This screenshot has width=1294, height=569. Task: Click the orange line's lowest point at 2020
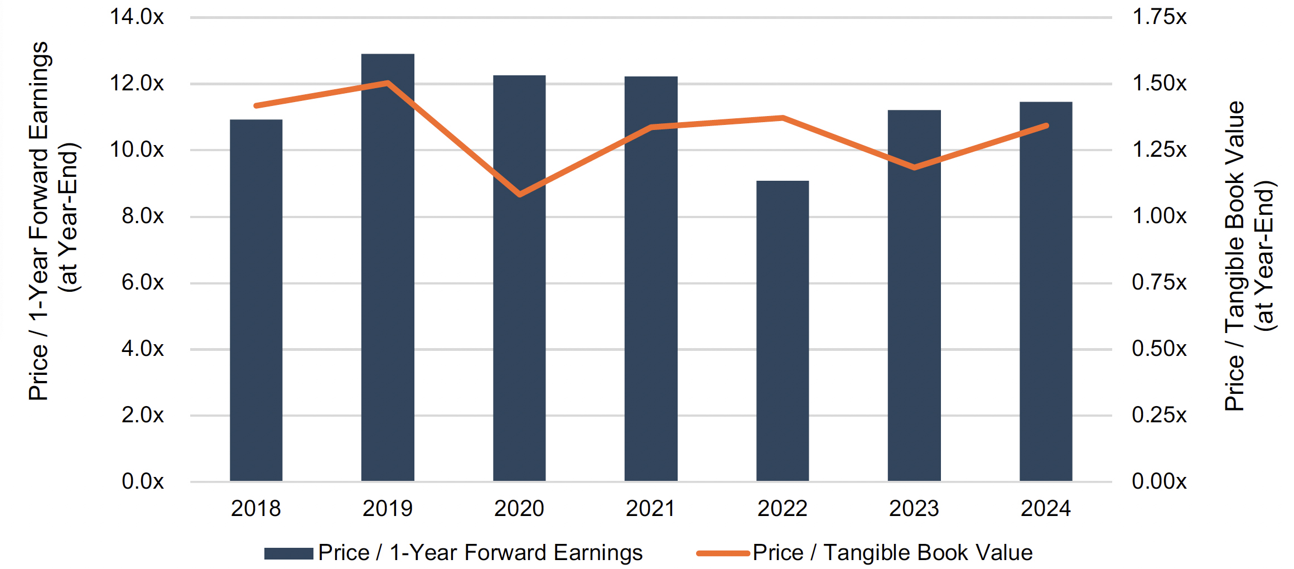point(520,194)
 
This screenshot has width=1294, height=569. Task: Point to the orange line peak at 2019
point(388,83)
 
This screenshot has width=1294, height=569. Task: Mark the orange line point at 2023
point(914,167)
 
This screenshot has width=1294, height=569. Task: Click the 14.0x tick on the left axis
point(137,17)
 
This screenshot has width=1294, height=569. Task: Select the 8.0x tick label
point(143,216)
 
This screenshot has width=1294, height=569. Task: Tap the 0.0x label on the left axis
point(143,481)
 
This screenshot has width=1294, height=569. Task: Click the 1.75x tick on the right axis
point(1159,17)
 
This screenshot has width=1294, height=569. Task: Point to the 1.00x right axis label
point(1159,216)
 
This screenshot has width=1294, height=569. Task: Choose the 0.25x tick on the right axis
point(1159,415)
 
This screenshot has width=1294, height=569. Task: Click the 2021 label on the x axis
point(650,509)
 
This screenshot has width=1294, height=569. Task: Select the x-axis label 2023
point(914,509)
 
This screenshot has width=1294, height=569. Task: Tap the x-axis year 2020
point(519,509)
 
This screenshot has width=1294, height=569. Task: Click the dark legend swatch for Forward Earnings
point(288,553)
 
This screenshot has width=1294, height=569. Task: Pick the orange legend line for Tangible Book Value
point(722,553)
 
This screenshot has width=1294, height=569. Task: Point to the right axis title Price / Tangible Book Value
point(1235,255)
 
